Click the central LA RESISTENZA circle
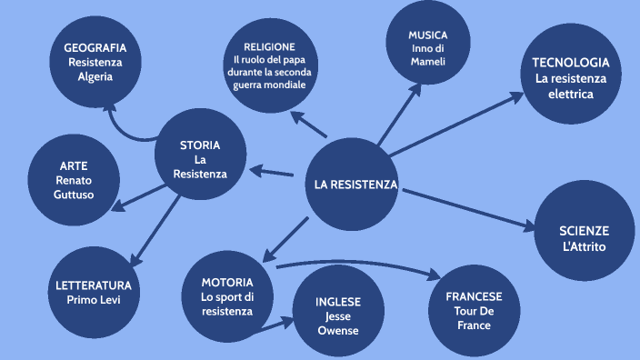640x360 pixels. coord(355,185)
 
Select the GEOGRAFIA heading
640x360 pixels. coord(95,47)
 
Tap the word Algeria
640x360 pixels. coord(95,77)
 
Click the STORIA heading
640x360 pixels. coord(200,145)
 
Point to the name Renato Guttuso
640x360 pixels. coord(74,187)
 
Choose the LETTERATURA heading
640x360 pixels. coord(94,285)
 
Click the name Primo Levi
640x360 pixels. coord(94,299)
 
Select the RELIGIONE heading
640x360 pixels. coord(269,46)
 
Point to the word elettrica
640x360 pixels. coord(570,94)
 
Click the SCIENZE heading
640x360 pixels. coord(584,231)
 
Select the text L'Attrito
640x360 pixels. coord(584,246)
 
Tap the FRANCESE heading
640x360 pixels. coord(474,296)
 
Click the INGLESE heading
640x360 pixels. coord(338,301)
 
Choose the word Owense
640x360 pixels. coord(338,330)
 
